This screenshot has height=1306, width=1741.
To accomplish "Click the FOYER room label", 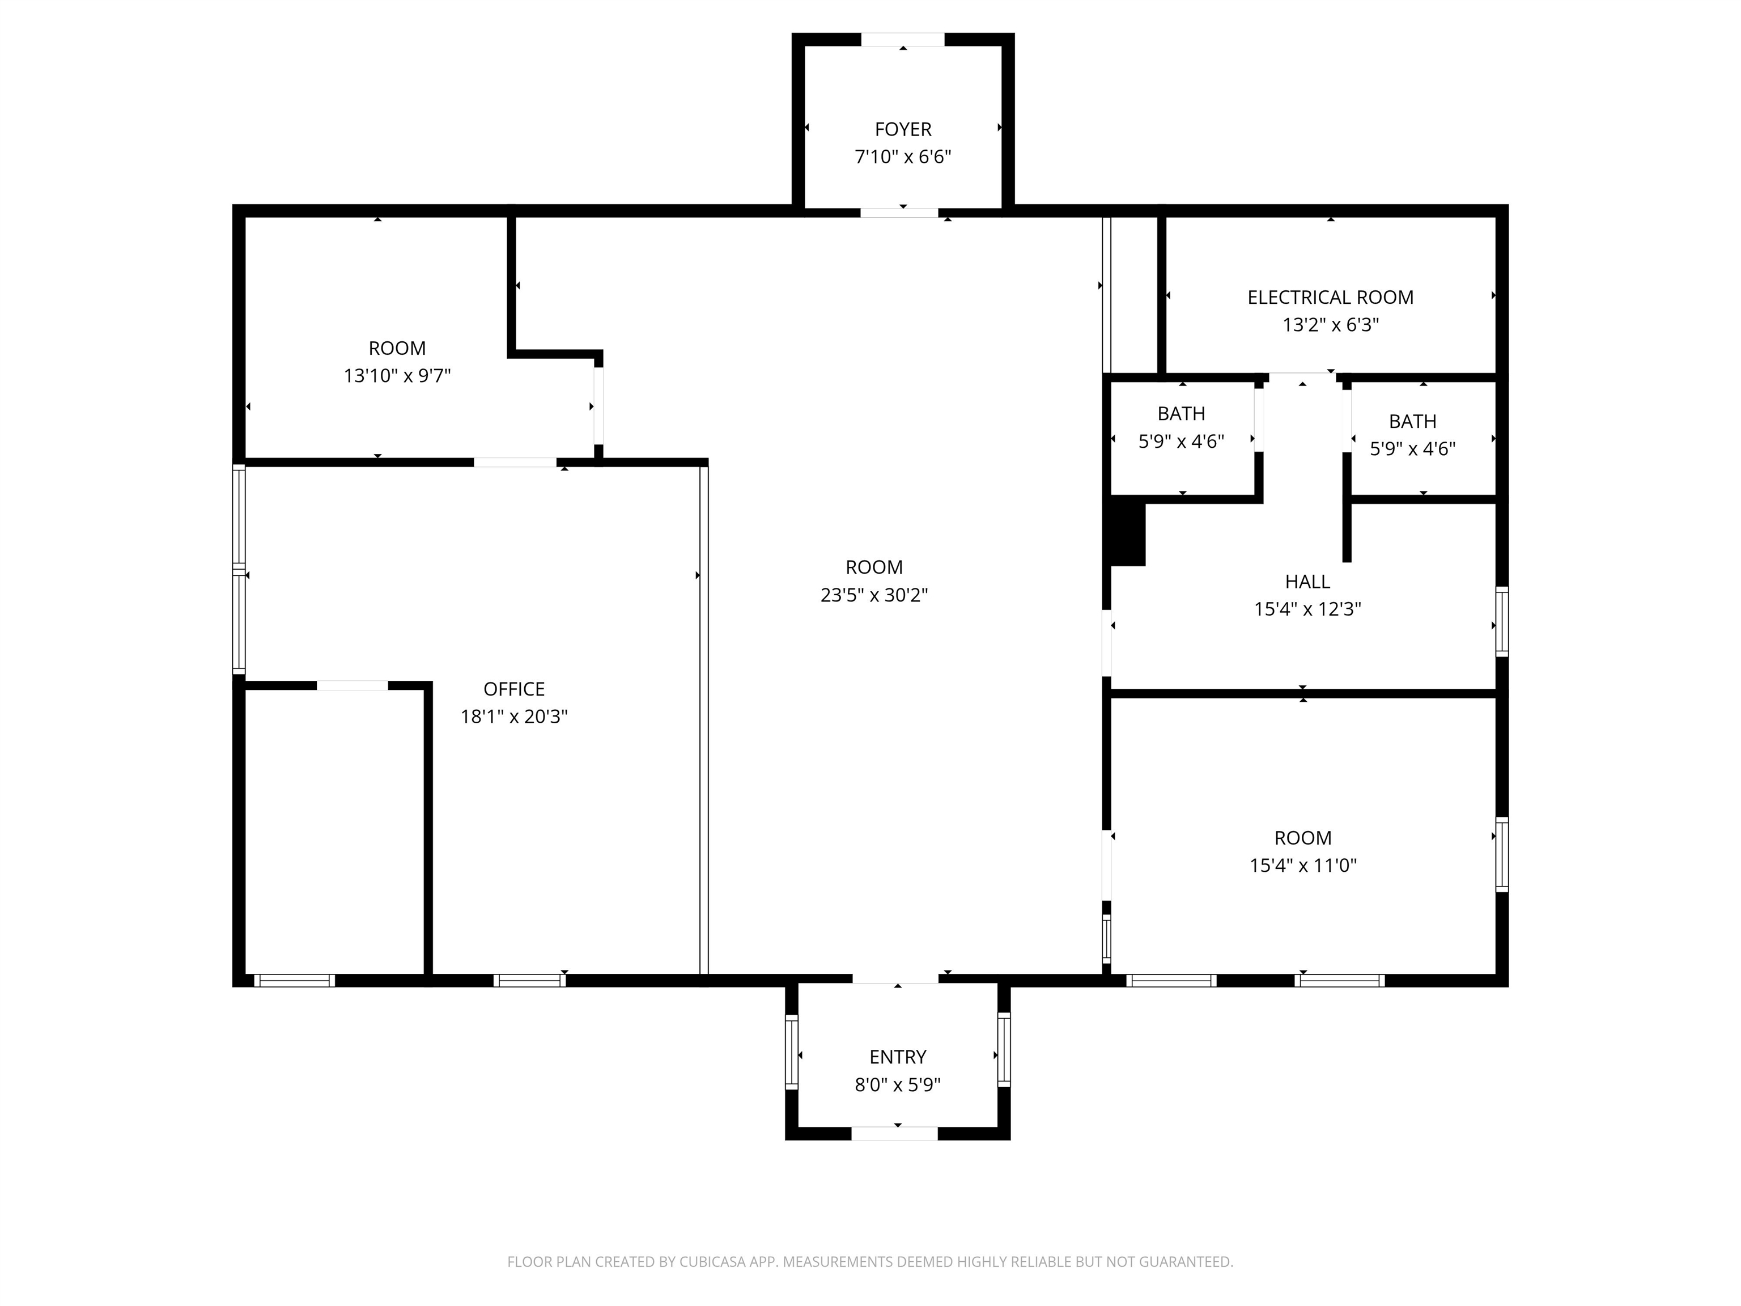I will click(x=903, y=129).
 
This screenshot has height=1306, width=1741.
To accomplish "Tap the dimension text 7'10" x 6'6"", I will click(x=903, y=156).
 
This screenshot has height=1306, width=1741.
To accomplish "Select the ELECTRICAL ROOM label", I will click(x=1330, y=298).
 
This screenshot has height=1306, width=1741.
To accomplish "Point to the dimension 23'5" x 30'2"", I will click(x=874, y=595).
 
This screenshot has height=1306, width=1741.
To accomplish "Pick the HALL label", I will click(x=1307, y=582).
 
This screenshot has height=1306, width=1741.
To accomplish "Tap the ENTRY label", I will click(x=897, y=1057).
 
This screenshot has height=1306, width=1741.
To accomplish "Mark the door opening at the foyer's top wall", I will click(x=903, y=39).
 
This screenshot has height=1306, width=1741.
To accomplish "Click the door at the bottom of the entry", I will click(x=894, y=1134).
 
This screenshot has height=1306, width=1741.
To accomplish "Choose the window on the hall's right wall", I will click(x=1502, y=622).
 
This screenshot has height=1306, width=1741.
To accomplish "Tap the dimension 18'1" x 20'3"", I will click(x=514, y=716).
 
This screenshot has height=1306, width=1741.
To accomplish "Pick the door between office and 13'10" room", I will click(x=515, y=462).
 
